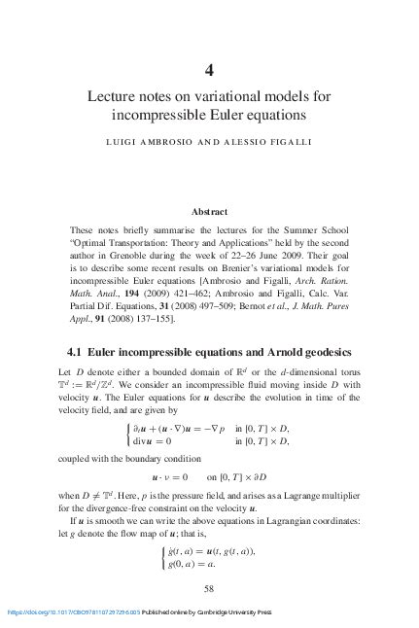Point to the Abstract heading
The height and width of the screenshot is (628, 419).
(209, 211)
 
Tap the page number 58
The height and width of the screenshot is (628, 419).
(209, 588)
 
